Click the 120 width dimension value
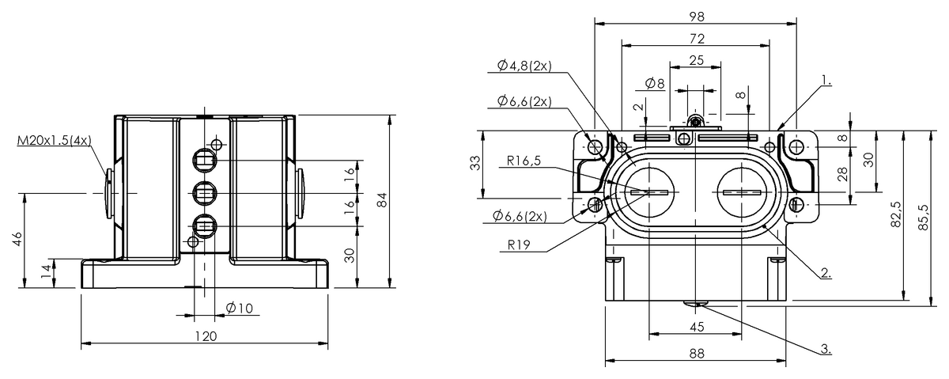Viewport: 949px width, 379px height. tap(206, 336)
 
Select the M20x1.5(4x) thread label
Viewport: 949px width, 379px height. tap(54, 141)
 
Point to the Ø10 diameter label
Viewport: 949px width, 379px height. tap(239, 308)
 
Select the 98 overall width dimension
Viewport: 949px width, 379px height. tap(696, 16)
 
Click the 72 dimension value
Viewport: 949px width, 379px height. tap(696, 38)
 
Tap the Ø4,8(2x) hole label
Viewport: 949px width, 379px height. tap(524, 66)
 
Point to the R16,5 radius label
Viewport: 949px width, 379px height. tap(526, 162)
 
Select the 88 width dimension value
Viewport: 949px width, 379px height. tap(696, 354)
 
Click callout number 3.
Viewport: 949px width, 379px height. tap(825, 347)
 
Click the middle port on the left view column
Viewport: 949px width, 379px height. tap(204, 192)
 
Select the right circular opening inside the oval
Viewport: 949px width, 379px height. tap(743, 192)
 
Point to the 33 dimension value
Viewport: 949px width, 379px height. tap(475, 165)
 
